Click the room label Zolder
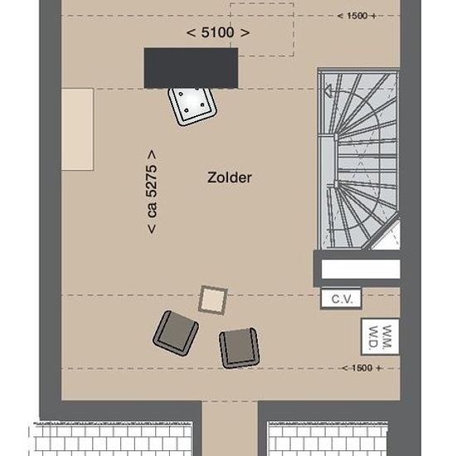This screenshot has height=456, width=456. pos(230,177)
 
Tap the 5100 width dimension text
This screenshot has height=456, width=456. pos(218,32)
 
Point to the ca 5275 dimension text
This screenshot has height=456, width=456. pos(152,192)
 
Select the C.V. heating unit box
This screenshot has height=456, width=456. pos(341,298)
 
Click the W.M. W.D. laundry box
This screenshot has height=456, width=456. pos(380,337)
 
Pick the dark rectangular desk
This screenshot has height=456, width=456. pos(191,68)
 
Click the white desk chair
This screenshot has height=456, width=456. pos(192,104)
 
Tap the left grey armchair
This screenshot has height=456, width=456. pos(176,333)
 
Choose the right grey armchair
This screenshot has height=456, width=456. pos(240,348)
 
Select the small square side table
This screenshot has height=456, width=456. pos(213,300)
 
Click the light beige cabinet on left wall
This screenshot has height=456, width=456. pos(77,129)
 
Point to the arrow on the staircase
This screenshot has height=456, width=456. pos(328,90)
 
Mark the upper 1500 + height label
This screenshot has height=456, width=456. pos(357,16)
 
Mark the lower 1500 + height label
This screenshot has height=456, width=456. pos(361,368)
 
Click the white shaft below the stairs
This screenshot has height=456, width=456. pos(361,269)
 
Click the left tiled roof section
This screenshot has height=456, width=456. pos(111,439)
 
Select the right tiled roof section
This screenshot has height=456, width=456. pos(327,439)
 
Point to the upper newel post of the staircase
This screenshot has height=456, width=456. pos(336,137)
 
